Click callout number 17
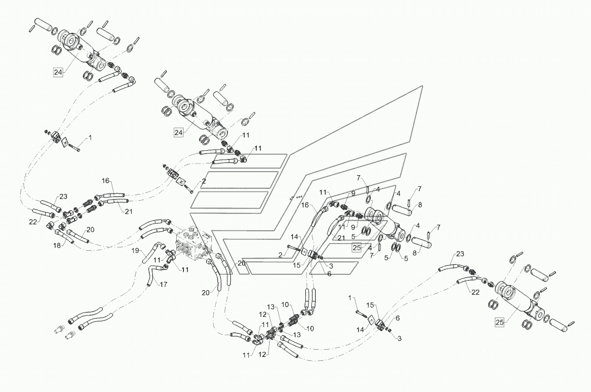[163, 285]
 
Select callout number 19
[136, 250]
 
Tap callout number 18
[57, 245]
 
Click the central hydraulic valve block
[195, 245]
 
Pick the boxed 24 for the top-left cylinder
[58, 72]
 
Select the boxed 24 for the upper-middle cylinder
[178, 132]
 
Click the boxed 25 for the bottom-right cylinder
[499, 322]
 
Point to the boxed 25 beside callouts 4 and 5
[357, 247]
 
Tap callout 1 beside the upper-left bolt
[90, 138]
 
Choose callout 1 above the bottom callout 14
[350, 298]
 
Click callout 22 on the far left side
[33, 222]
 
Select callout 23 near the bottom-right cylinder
[460, 254]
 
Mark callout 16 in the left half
[106, 181]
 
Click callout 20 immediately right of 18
[91, 230]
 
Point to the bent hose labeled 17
[152, 275]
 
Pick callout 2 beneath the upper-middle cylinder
[203, 181]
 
